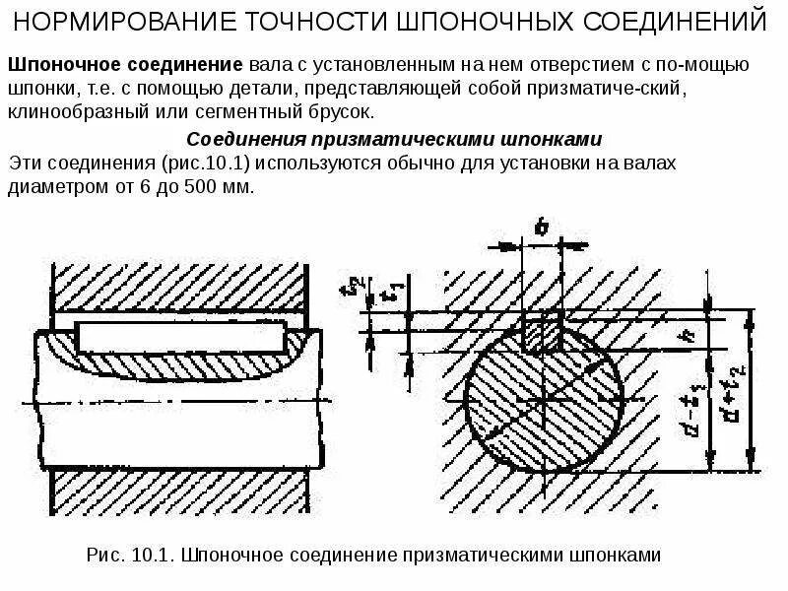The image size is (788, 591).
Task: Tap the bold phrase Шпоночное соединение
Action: coord(125,64)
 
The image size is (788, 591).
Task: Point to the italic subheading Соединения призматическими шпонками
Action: coord(394,138)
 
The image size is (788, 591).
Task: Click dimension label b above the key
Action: coord(541,228)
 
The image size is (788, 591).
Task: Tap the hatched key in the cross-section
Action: coord(543,333)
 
